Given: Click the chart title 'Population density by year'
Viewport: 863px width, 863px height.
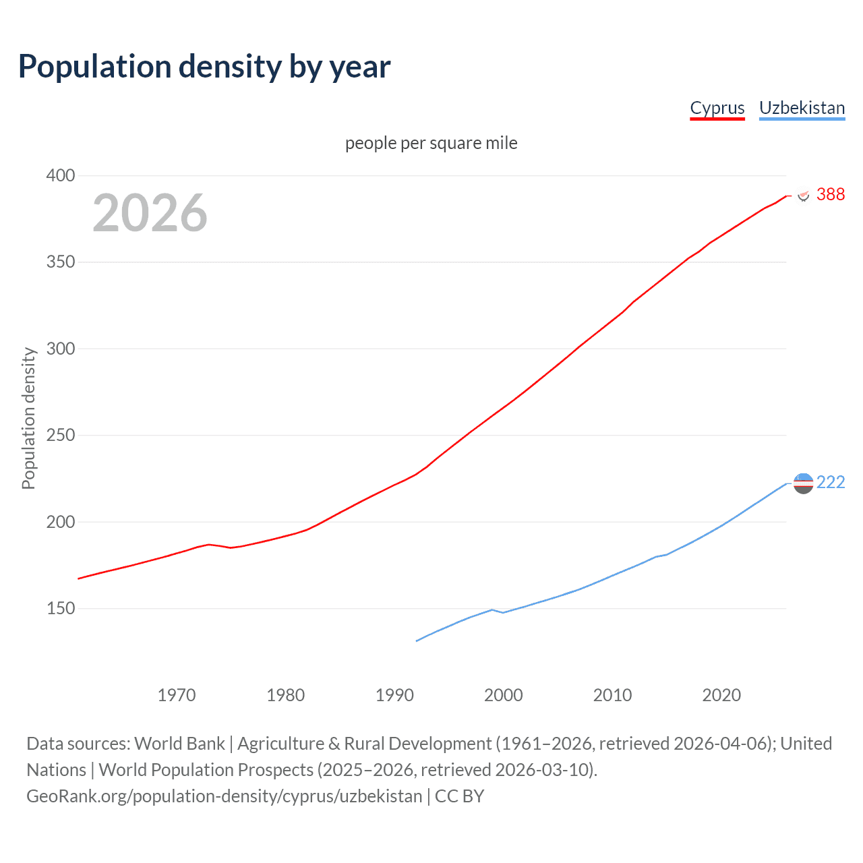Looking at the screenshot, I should pos(204,67).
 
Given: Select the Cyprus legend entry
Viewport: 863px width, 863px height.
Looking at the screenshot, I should pos(717,108).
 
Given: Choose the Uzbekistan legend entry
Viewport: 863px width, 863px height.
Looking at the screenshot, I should pos(802,108).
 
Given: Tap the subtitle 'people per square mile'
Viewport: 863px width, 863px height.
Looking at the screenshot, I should pos(431,143).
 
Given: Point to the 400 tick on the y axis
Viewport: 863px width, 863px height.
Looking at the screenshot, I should pos(61,175).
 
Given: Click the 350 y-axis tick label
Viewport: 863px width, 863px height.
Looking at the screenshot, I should pos(61,262).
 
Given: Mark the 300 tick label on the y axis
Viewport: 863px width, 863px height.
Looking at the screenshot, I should pos(61,349).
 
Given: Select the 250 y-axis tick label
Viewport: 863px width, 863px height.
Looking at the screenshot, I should pos(61,436).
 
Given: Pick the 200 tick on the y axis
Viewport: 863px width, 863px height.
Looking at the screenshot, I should pos(61,522).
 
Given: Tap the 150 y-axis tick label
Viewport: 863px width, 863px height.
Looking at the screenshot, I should pos(61,609).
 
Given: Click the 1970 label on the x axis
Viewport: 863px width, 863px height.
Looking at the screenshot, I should pos(177,695).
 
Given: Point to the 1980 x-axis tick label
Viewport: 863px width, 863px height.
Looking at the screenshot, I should pos(286,695).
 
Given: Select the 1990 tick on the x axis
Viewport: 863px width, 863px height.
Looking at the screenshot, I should pos(394,695).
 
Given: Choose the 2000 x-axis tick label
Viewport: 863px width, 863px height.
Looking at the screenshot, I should pos(504,695).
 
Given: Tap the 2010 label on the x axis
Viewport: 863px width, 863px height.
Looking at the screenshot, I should pos(612,695).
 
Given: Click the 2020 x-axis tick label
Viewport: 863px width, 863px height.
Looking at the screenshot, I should pos(721,695).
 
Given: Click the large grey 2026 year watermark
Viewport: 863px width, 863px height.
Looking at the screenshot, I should pos(150,212).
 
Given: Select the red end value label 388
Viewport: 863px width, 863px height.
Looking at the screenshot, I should pos(831,194).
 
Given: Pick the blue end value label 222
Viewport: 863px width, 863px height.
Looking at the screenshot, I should pos(831,482).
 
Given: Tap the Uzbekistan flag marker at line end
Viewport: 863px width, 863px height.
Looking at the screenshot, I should pos(803,483).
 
